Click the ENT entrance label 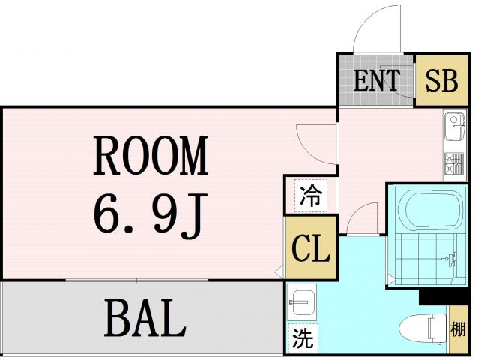click(x=377, y=80)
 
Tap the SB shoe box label click(x=442, y=80)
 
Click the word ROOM click(x=151, y=155)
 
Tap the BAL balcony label click(x=145, y=317)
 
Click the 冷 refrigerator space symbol click(x=311, y=196)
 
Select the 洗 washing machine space click(x=303, y=338)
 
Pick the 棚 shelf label click(x=459, y=329)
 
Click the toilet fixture click(x=423, y=331)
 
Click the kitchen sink click(x=455, y=126)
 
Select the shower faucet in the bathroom click(x=450, y=259)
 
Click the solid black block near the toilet click(x=444, y=296)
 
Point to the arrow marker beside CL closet click(x=279, y=271)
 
